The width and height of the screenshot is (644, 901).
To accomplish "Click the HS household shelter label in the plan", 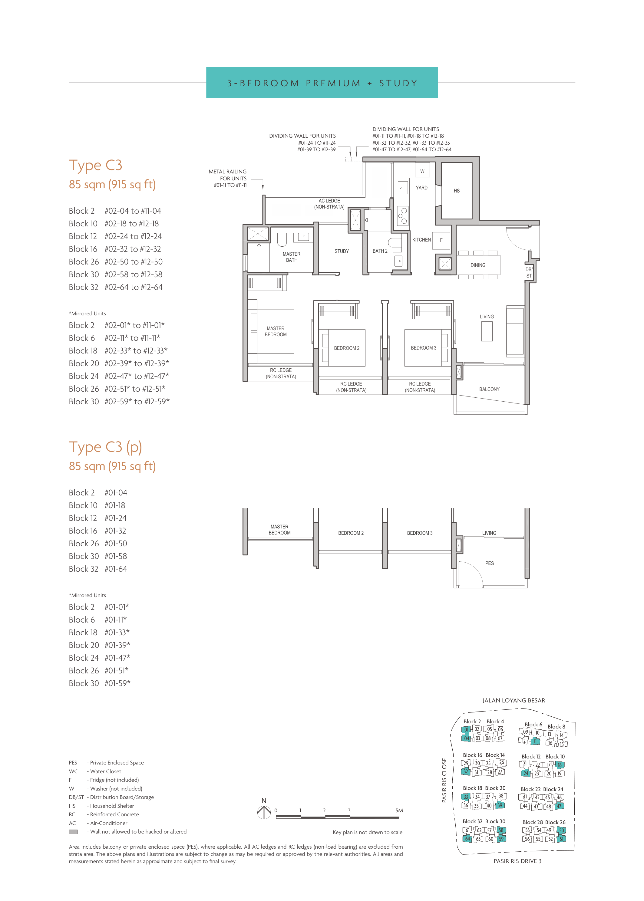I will coord(456,191).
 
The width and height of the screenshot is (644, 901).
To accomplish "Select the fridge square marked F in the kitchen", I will coord(441,240).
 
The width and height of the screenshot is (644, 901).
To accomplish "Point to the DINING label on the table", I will coord(478,265).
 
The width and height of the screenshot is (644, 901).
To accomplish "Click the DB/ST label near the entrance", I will coord(529,272).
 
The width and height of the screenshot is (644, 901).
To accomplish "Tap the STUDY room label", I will coord(342,251).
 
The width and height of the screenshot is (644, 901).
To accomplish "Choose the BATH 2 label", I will coord(380,251).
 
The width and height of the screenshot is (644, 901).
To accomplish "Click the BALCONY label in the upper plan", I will coord(489,389).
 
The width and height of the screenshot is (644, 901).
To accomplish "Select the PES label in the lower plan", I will coord(489,563).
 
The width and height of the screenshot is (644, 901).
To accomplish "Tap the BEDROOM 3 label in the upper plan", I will coord(423,348).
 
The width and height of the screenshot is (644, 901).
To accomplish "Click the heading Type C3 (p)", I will coord(105,447).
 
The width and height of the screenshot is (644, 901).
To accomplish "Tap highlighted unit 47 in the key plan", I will coord(559,806).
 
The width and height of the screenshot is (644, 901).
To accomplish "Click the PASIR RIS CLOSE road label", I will coord(444,781).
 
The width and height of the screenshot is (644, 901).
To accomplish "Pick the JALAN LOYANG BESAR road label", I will coord(514,700).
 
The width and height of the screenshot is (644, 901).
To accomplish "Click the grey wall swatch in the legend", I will coord(73,832).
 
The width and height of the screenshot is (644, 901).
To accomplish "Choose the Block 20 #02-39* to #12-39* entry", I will coord(119,363).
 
